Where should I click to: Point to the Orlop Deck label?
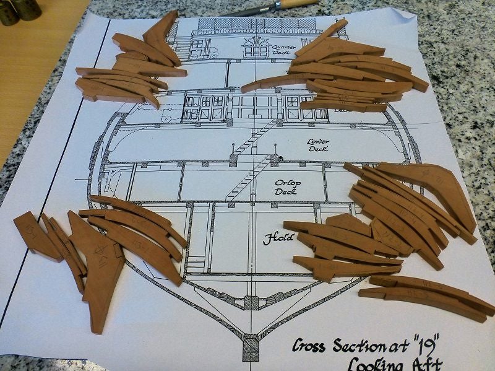pyautogui.click(x=288, y=187)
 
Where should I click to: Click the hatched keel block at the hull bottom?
pyautogui.click(x=250, y=347)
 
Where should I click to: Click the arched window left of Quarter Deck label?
pyautogui.click(x=256, y=40)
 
